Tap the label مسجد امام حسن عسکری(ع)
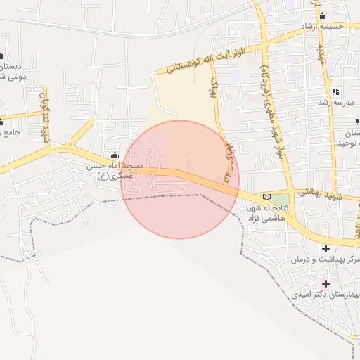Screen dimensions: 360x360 click(x=115, y=171)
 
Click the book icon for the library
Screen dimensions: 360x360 click(x=265, y=196)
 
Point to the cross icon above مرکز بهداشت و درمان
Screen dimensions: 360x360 click(x=326, y=248)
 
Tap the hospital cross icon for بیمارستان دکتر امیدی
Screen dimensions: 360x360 click(x=326, y=283)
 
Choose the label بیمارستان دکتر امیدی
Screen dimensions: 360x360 click(x=326, y=295)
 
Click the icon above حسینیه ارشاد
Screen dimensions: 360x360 click(x=323, y=16)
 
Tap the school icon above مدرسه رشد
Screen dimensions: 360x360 click(x=335, y=91)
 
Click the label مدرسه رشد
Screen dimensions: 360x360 click(x=339, y=103)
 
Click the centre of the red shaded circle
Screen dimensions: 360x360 click(x=180, y=179)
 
